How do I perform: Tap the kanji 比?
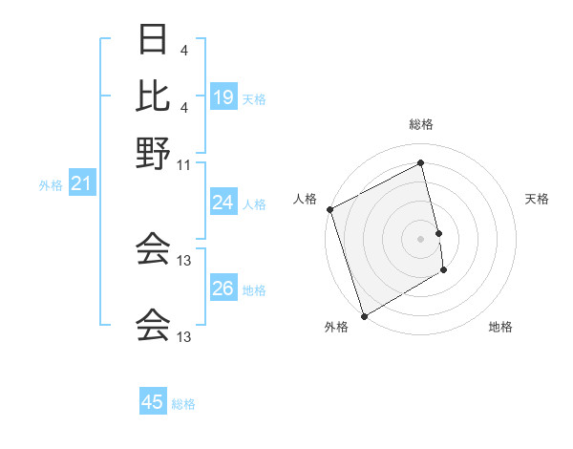[x=154, y=96]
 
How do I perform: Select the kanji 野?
[x=154, y=152]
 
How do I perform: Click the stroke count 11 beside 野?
[x=184, y=165]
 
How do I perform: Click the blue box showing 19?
[x=223, y=97]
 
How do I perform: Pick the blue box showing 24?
[x=223, y=203]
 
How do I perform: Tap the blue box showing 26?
[x=223, y=289]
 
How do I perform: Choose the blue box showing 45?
[x=153, y=402]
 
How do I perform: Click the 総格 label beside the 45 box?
[x=183, y=404]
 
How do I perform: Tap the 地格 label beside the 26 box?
[x=254, y=290]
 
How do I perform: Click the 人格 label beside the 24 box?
[x=254, y=204]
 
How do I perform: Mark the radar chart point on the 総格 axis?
[x=421, y=163]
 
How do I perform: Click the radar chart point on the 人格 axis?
[x=329, y=209]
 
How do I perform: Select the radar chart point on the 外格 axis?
[x=364, y=315]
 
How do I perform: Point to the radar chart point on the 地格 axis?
[x=444, y=271]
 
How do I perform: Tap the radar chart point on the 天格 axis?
[x=438, y=233]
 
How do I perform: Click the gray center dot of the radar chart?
[x=421, y=239]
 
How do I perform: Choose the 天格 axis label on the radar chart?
[x=537, y=199]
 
